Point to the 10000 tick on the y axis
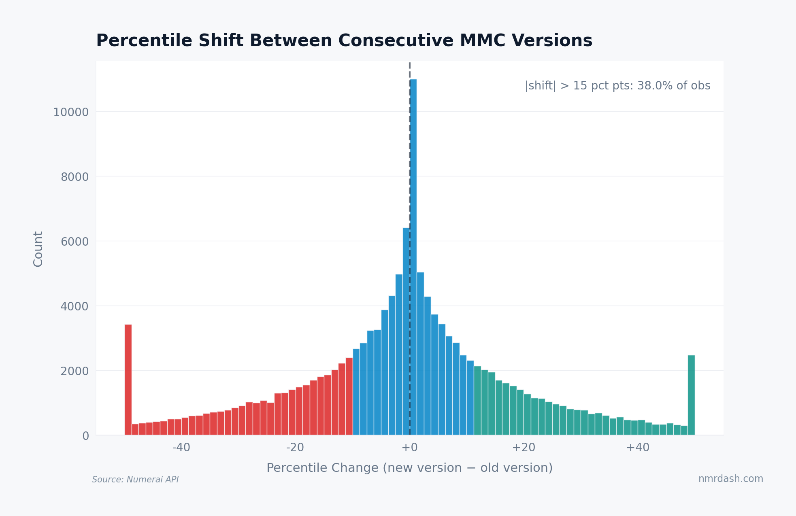(71, 113)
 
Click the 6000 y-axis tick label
(74, 242)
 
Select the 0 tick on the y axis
(85, 436)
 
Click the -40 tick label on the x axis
(181, 448)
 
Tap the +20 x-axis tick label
(523, 448)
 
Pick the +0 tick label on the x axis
(409, 448)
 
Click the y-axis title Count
(38, 249)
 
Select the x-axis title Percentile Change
(409, 468)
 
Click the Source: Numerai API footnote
(135, 480)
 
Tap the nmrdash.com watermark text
(730, 479)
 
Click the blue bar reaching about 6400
(406, 332)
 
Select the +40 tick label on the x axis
(637, 448)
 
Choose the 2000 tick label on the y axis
(74, 372)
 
